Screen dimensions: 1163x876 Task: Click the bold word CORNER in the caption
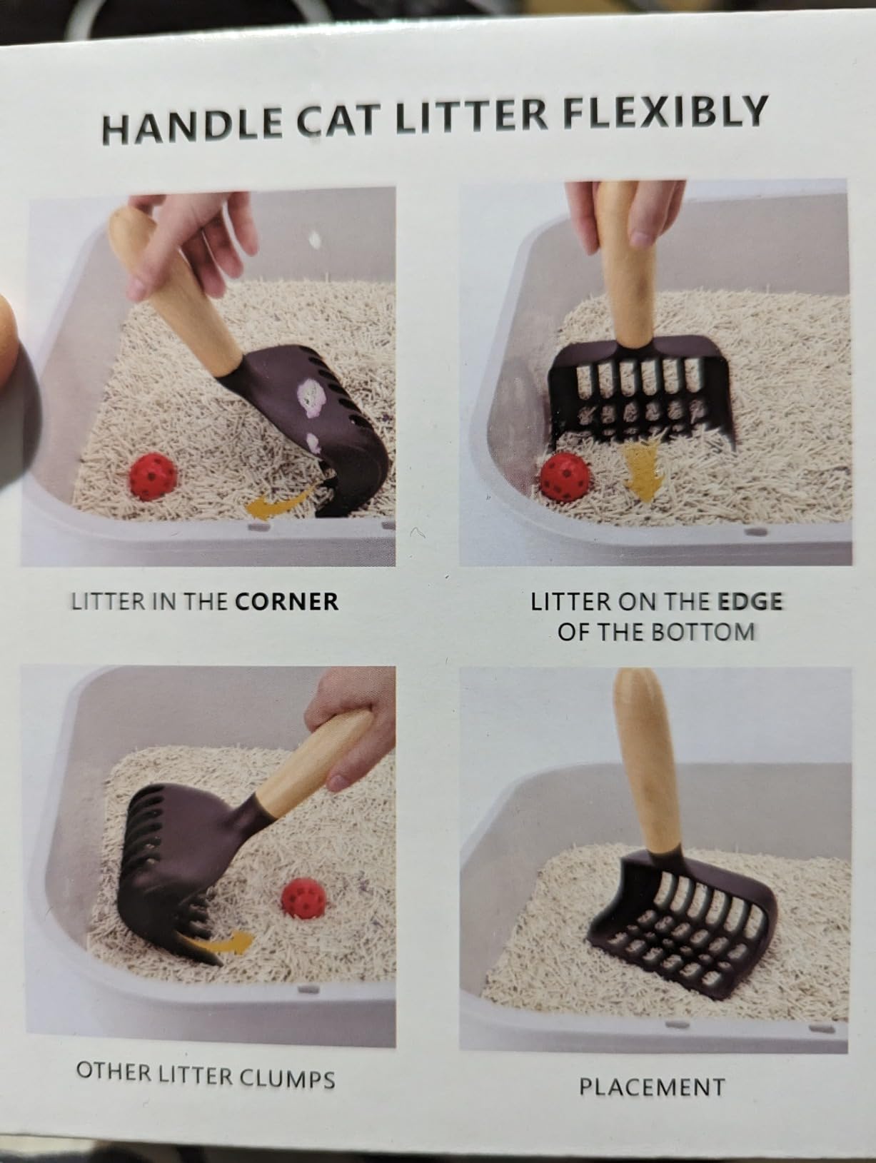[286, 601]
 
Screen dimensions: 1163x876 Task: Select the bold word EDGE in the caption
[750, 602]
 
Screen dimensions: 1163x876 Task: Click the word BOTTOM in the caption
[708, 632]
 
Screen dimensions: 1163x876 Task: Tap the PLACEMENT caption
[651, 1087]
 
